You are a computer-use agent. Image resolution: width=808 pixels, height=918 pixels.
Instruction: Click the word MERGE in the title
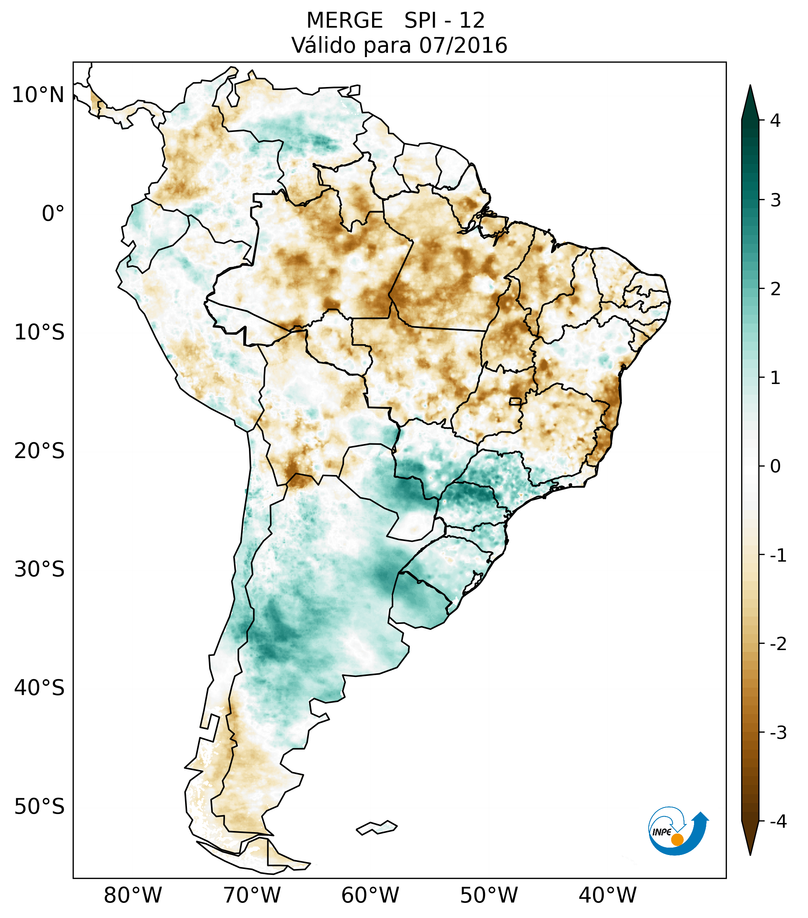point(344,21)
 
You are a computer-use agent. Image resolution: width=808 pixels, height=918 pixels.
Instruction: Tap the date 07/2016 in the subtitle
point(463,45)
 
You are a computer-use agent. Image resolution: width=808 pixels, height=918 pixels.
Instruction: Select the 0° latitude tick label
point(53,214)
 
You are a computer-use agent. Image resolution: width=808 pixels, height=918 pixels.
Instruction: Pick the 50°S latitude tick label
point(39,807)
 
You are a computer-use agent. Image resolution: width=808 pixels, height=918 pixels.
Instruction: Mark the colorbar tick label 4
point(775,121)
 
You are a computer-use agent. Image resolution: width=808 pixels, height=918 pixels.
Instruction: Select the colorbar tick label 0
point(775,467)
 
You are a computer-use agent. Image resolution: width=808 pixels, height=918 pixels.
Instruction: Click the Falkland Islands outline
point(377,827)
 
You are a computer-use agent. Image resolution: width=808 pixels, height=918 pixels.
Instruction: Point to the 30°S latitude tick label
point(39,569)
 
